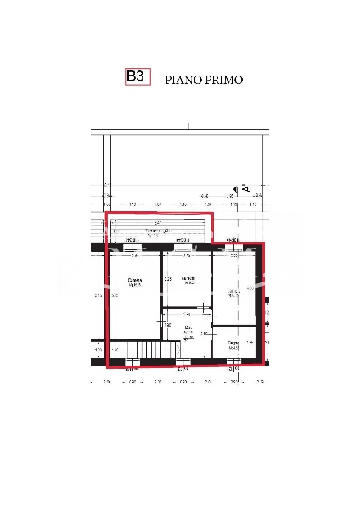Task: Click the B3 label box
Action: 136,77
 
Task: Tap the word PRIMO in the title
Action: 224,80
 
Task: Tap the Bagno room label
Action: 233,344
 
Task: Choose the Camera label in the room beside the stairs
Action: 134,282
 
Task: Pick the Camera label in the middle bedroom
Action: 189,280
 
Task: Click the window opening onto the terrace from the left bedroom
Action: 132,247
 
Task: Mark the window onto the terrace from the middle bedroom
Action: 182,247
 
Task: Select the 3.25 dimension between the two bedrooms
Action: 167,278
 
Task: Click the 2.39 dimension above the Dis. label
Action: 187,314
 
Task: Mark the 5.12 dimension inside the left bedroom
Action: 114,295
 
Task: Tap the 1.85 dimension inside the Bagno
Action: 249,342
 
